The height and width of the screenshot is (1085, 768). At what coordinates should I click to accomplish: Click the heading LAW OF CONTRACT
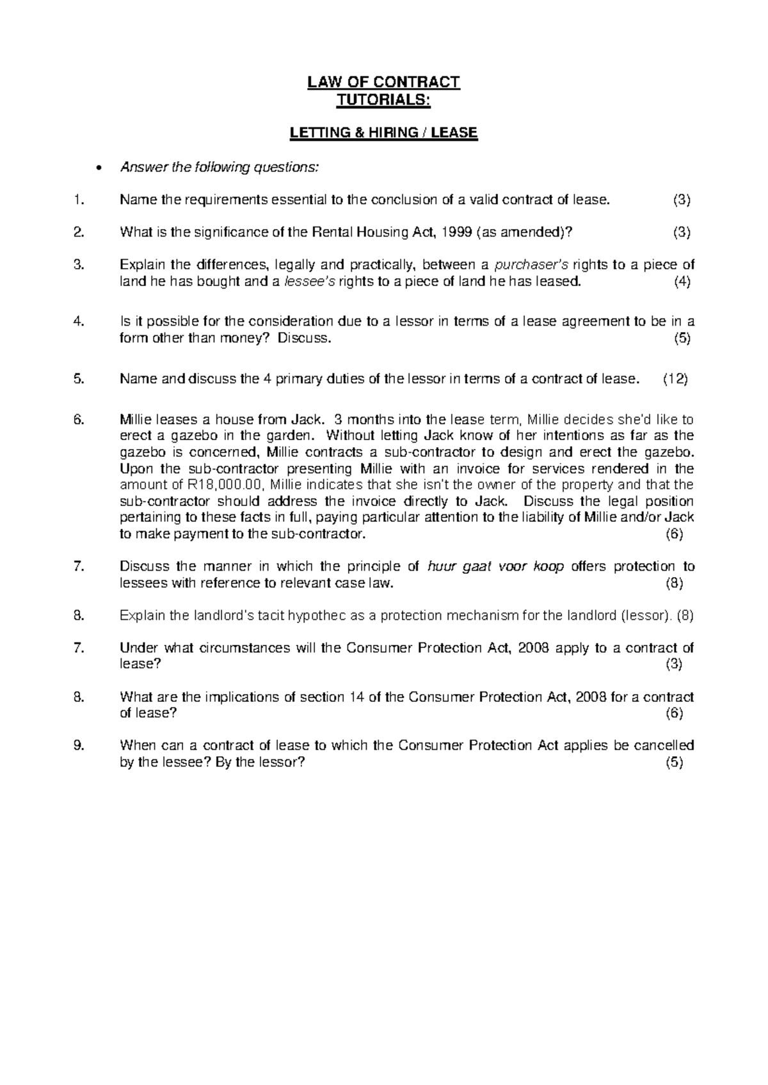pos(383,82)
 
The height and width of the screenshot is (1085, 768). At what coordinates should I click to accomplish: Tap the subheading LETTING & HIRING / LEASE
pos(383,133)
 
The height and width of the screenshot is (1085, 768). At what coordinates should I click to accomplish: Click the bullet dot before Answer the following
pos(97,169)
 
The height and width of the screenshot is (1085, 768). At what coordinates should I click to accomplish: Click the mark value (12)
pos(675,379)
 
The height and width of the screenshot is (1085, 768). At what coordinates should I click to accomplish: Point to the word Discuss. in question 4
pos(308,339)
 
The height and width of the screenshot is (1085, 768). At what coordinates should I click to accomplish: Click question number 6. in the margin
pos(79,420)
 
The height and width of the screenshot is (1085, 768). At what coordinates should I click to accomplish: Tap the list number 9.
pos(79,746)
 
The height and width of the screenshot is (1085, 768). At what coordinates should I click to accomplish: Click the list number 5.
pos(79,379)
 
